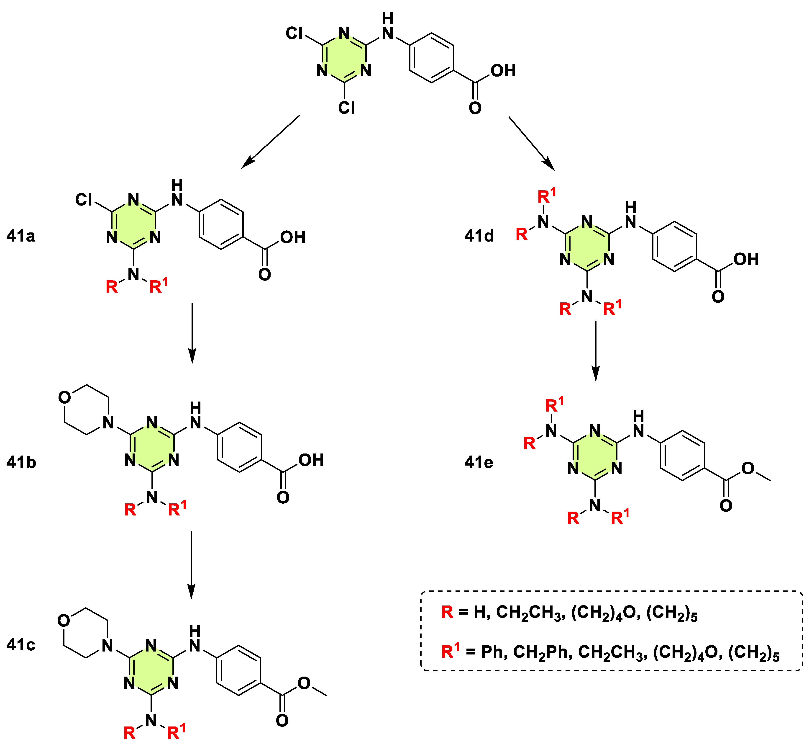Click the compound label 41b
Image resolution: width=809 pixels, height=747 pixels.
[21, 462]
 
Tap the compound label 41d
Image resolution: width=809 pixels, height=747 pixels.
[479, 236]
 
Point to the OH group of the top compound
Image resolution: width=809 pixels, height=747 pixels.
[503, 71]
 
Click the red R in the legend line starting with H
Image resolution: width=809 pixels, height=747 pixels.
[447, 612]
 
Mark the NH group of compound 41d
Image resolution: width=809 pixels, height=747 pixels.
[630, 215]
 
